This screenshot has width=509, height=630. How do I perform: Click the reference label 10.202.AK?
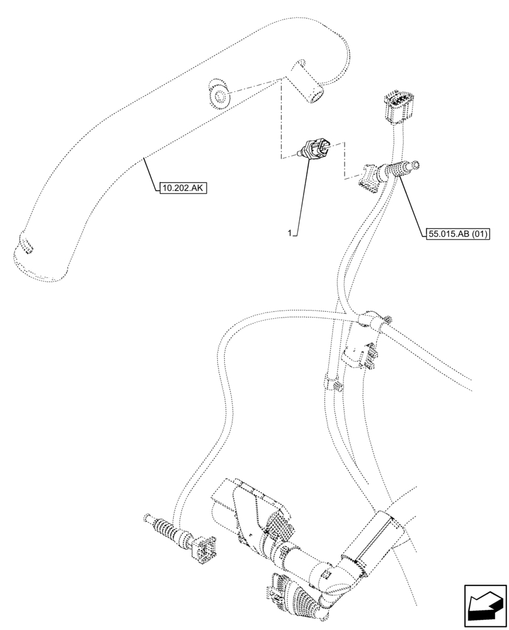click(184, 187)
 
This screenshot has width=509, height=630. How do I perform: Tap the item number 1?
click(289, 234)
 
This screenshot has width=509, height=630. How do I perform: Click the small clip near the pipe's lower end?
click(26, 244)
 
